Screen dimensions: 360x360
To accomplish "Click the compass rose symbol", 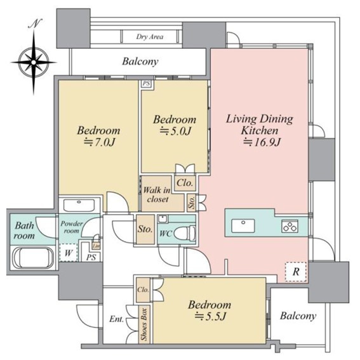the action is point(34,62).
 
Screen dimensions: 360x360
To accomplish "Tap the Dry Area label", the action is point(150,37).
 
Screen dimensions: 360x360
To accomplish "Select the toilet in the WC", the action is point(185,233).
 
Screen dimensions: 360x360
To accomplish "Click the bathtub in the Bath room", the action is point(33,258).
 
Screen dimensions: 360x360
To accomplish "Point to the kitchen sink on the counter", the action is point(243,225).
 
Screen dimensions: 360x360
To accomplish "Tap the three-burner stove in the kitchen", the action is point(290,226).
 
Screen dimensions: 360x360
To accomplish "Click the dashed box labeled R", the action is point(296,272).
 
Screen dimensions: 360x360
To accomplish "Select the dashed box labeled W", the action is point(69,253).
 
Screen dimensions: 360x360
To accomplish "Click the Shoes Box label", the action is point(144,324).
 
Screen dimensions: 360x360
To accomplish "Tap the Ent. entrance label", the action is point(116,319).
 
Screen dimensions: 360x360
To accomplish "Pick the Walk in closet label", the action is point(157,194).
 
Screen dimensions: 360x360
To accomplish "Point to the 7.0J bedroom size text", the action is point(99,142).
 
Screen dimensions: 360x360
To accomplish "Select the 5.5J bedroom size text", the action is point(211,317).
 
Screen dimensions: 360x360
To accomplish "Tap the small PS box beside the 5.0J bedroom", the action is point(147,84).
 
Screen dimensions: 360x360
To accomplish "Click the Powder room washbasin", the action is point(79,205).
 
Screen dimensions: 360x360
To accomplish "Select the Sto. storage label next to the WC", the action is point(145,229).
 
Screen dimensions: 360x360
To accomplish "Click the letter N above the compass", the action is point(35,24).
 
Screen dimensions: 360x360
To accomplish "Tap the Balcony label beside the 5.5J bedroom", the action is point(298,316).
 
